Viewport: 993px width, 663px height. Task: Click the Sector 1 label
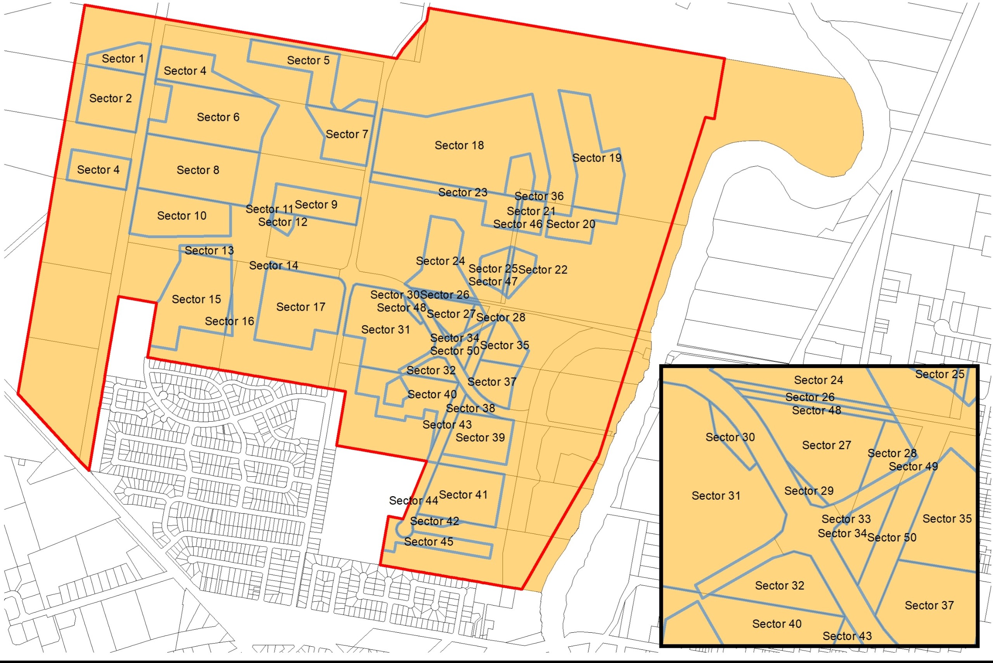(123, 59)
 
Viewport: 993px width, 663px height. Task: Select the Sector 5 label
(308, 61)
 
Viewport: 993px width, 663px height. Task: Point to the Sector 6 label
(218, 117)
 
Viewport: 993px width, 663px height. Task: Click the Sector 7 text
(346, 135)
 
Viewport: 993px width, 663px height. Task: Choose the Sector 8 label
(197, 170)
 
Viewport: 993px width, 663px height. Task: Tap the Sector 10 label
(182, 216)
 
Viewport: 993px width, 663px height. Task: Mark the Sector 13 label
(209, 250)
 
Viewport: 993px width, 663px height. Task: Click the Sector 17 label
(301, 307)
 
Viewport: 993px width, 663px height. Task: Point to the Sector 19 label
(597, 158)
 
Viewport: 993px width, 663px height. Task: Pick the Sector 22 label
(542, 270)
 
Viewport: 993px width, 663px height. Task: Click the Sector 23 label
(462, 192)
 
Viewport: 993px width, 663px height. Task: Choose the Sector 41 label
(463, 495)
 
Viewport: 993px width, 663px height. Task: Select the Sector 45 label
(428, 542)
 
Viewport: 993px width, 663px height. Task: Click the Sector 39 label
(480, 438)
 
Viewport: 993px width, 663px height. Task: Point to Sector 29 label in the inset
(809, 491)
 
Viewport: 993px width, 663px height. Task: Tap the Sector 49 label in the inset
(913, 466)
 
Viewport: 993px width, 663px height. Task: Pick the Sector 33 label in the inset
(846, 519)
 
